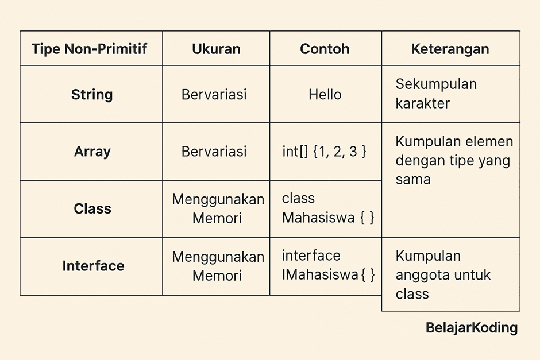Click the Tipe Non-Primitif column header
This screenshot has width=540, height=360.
(90, 49)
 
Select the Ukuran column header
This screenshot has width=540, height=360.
(216, 49)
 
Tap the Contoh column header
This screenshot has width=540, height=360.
(325, 49)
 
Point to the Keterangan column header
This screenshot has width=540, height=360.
(450, 49)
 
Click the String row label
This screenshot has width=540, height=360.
(92, 94)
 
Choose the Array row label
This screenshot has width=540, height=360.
(92, 152)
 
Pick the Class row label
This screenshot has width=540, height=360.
(92, 208)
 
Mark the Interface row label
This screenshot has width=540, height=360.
(93, 266)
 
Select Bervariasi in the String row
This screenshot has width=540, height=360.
(214, 94)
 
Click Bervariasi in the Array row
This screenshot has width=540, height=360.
(214, 152)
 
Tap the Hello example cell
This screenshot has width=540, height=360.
(325, 94)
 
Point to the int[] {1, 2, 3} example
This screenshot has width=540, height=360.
(324, 152)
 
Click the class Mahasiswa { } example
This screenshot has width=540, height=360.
(327, 208)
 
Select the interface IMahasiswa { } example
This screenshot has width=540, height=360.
(328, 265)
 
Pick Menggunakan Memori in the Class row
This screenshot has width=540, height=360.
(218, 208)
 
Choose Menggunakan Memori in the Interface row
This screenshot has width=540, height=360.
(218, 266)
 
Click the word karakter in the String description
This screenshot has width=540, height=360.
(422, 104)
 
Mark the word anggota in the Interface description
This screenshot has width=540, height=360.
(420, 275)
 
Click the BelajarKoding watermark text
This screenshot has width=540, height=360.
(472, 328)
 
